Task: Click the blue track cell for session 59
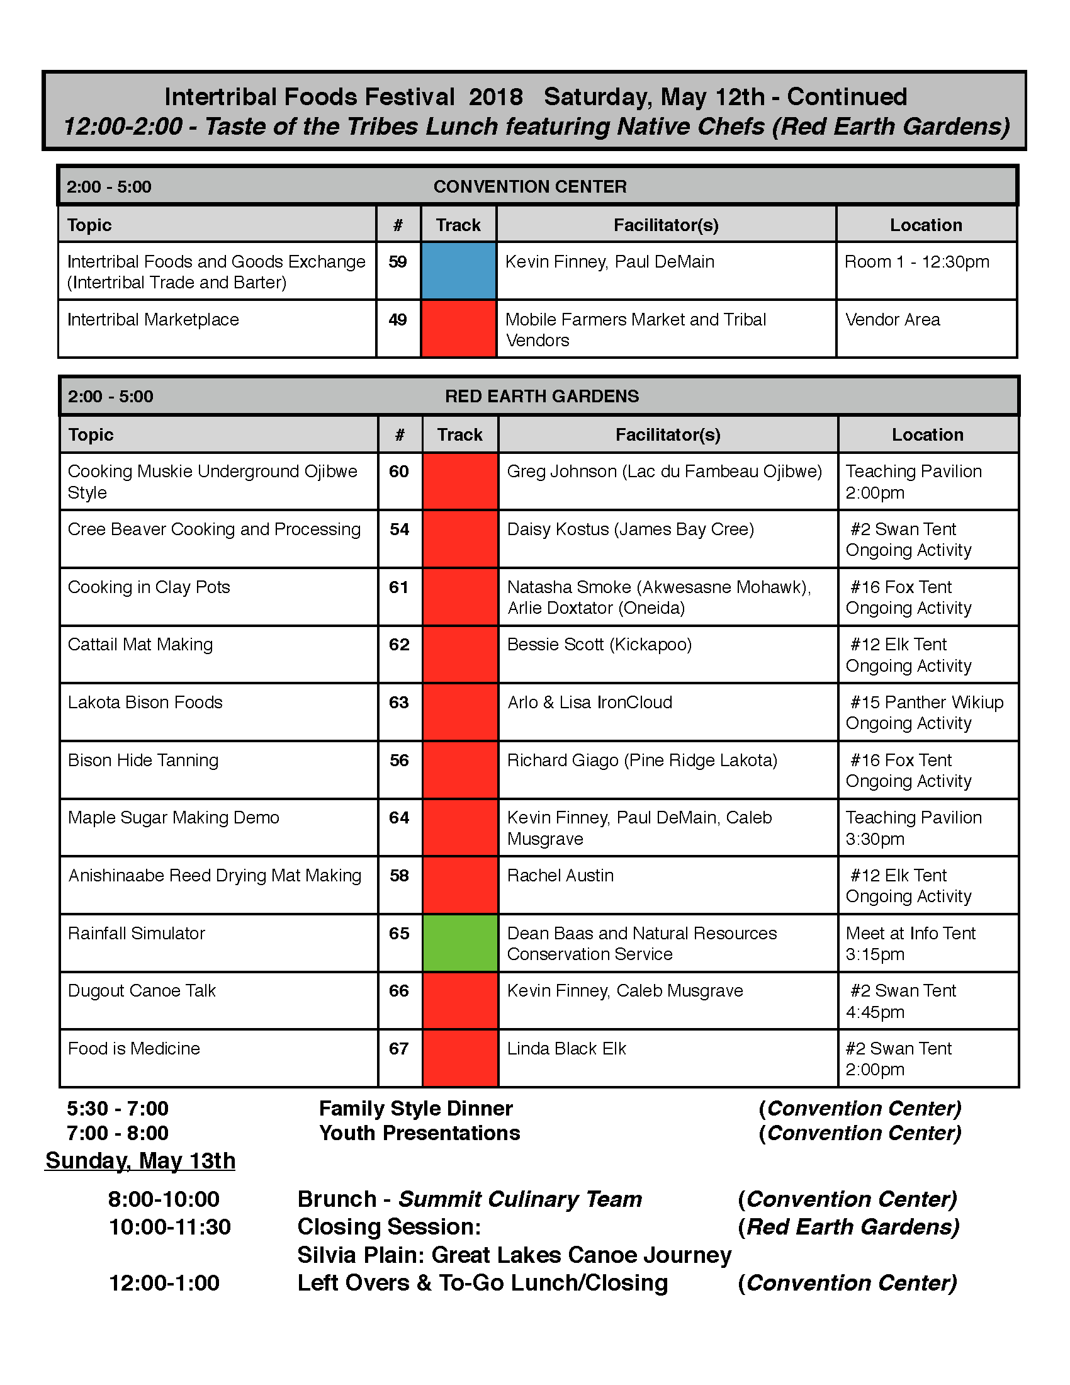458,271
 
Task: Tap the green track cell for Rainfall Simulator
459,942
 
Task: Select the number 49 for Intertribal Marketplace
397,320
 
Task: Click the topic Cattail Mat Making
140,644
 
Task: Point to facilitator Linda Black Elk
566,1048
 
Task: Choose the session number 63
398,703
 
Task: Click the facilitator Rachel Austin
560,875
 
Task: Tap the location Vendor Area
893,320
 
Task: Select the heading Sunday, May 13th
140,1160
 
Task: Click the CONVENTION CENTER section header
530,186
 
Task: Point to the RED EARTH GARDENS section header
542,397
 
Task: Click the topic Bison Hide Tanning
144,760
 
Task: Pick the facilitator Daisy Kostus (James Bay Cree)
630,529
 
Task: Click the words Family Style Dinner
416,1109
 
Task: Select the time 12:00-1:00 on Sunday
164,1282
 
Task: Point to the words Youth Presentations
419,1133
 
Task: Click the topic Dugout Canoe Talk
142,990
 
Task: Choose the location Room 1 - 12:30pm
916,262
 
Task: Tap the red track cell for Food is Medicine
459,1058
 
